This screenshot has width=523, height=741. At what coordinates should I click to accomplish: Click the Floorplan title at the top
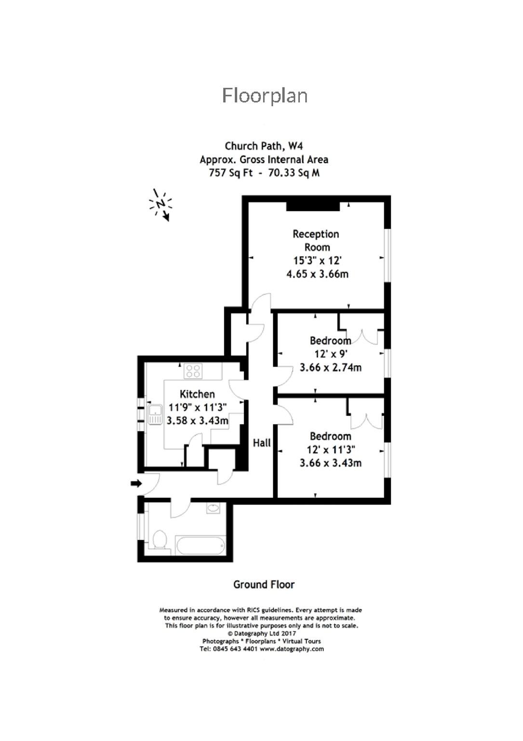point(264,96)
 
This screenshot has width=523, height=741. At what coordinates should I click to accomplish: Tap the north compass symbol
point(161,205)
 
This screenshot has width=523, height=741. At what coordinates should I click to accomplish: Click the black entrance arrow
point(136,483)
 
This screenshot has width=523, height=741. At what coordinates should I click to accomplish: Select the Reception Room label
point(316,240)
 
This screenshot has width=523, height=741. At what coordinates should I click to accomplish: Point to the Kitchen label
point(197,394)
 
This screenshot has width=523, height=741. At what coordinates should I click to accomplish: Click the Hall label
point(262,442)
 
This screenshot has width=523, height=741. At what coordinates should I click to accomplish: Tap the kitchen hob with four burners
point(193,371)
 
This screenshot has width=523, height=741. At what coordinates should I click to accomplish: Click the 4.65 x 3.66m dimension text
point(317,274)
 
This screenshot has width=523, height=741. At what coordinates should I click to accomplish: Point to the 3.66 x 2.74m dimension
point(330,367)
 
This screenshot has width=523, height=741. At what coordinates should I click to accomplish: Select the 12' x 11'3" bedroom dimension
point(331,450)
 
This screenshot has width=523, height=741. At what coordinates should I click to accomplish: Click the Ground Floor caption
point(264,585)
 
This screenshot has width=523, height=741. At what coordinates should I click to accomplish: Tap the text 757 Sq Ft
point(230,173)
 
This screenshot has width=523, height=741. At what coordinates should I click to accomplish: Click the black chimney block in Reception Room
point(312,206)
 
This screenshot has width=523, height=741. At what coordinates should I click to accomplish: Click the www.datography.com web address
point(292,649)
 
